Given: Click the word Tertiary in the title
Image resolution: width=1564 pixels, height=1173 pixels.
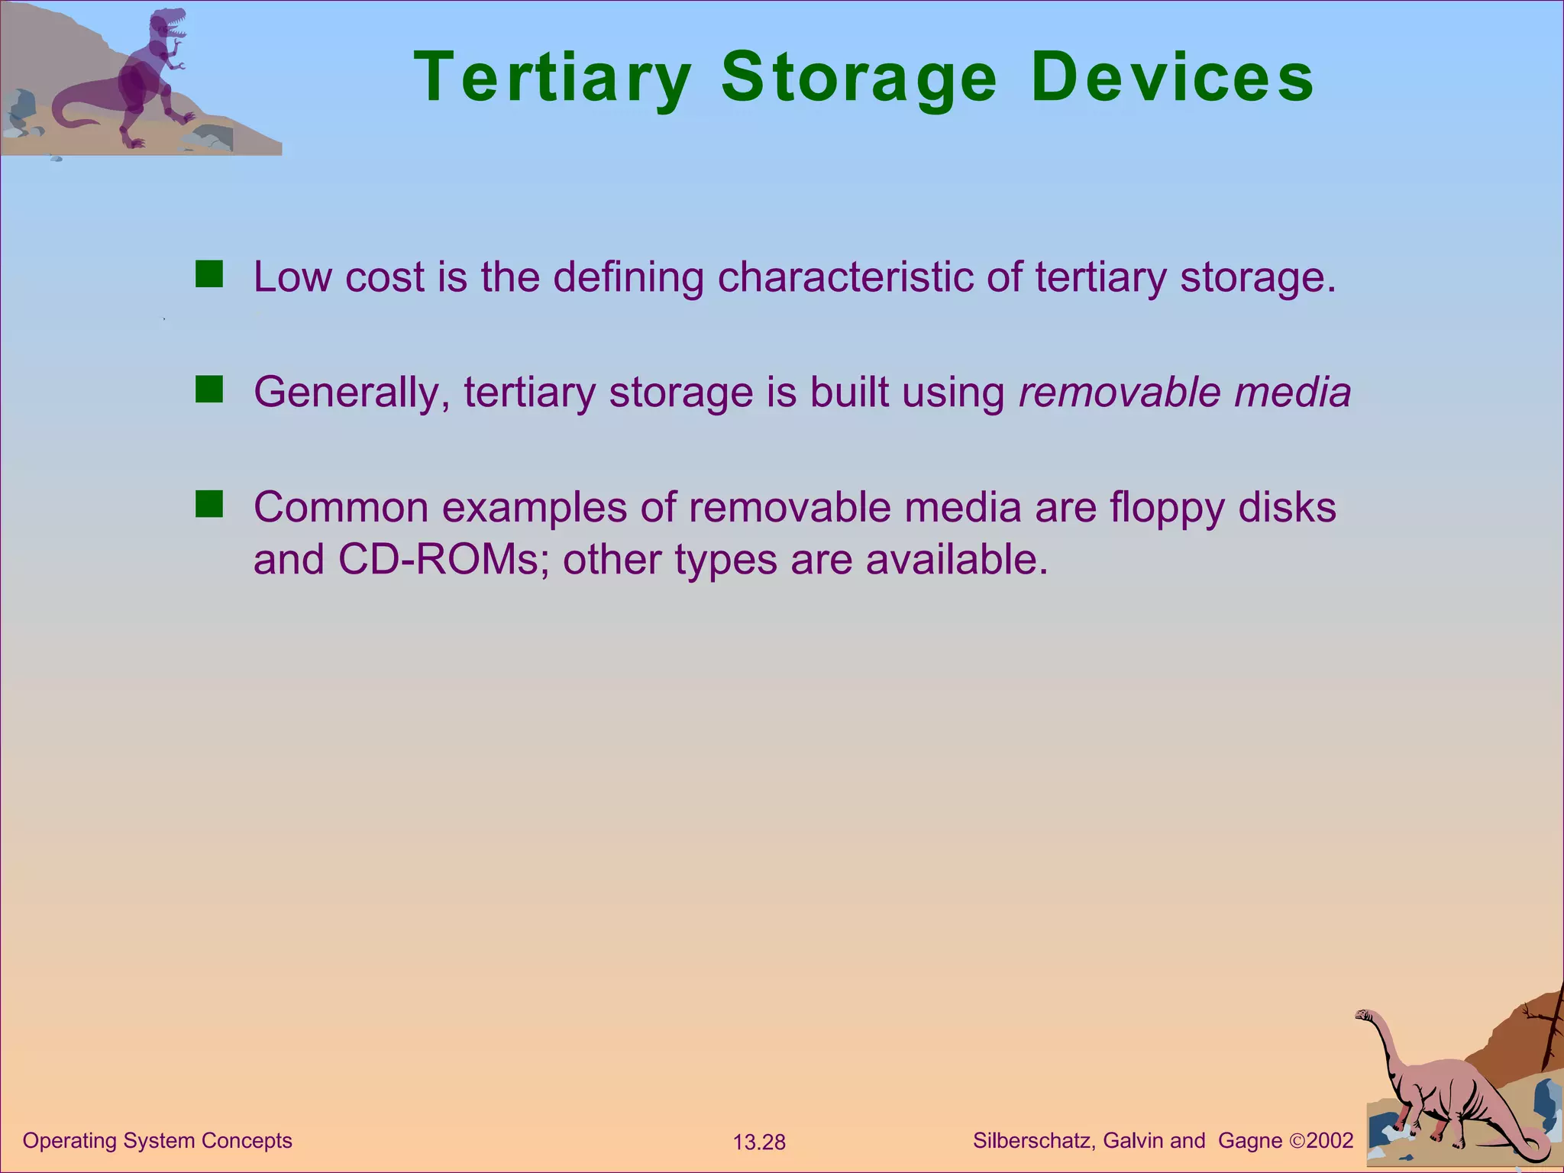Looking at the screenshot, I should (x=552, y=78).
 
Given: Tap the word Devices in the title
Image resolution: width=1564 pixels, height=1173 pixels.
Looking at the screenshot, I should (x=1172, y=78).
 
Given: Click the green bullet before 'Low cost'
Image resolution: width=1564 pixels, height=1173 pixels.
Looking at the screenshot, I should (x=208, y=274).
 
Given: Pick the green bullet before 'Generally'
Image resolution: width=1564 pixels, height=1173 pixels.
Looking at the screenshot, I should (x=208, y=389).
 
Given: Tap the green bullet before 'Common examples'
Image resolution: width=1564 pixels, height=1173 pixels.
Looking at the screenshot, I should (x=208, y=505).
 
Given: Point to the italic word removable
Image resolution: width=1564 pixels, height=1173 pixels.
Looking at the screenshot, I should (x=1120, y=393).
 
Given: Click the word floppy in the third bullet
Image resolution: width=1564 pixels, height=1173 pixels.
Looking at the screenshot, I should (x=1167, y=509).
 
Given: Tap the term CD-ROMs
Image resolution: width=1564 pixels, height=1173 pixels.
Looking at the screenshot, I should (x=439, y=560).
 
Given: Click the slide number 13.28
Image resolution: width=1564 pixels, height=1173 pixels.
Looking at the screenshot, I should (x=759, y=1142).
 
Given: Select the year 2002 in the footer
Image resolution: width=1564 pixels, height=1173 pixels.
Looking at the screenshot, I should (x=1330, y=1141).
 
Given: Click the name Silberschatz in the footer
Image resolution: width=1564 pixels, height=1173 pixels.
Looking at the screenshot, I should (x=1034, y=1141).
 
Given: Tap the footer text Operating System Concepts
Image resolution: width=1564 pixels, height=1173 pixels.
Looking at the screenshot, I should (x=157, y=1141).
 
